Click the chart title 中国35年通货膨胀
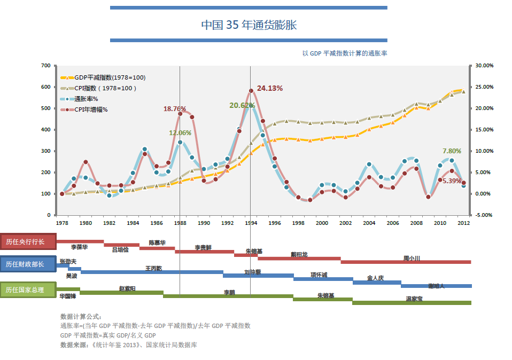249,25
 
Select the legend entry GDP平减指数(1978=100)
110,77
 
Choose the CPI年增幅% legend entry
91,109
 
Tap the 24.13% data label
270,88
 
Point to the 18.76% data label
175,108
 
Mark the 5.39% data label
452,181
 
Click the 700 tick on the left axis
45,66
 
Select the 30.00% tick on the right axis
485,66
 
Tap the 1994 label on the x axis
251,223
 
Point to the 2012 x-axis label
463,223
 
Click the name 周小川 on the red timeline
412,258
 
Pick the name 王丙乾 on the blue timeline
154,268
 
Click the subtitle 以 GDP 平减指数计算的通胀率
345,53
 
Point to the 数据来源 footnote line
129,345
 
